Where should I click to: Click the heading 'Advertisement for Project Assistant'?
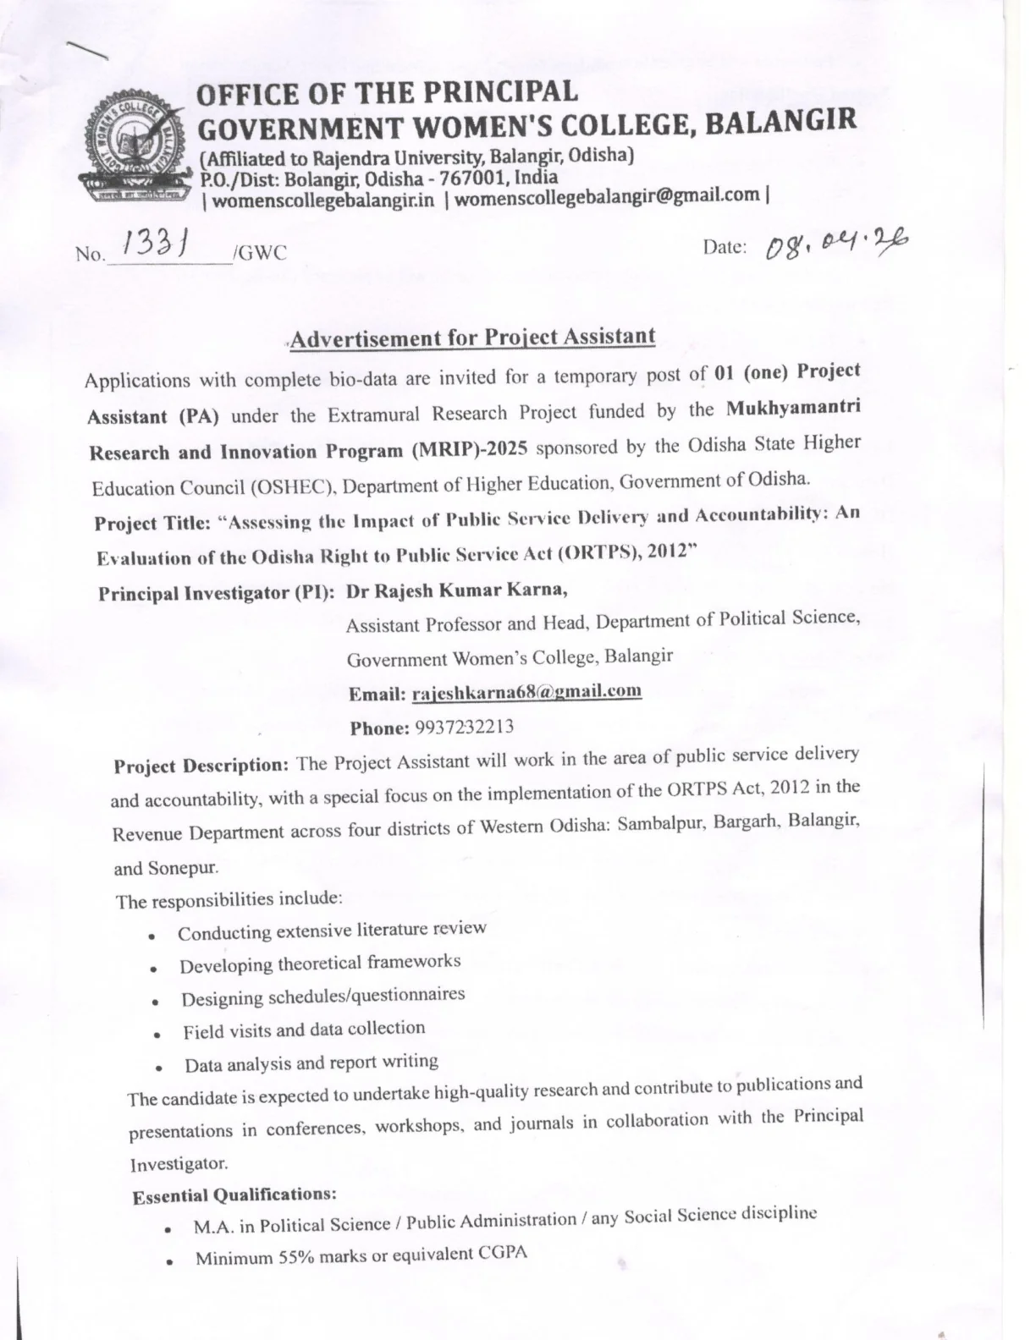[473, 338]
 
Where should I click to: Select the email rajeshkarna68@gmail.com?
[526, 693]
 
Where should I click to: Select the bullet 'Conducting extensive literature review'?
[332, 931]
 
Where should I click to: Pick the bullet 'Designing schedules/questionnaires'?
[322, 997]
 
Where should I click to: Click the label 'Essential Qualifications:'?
[234, 1195]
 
